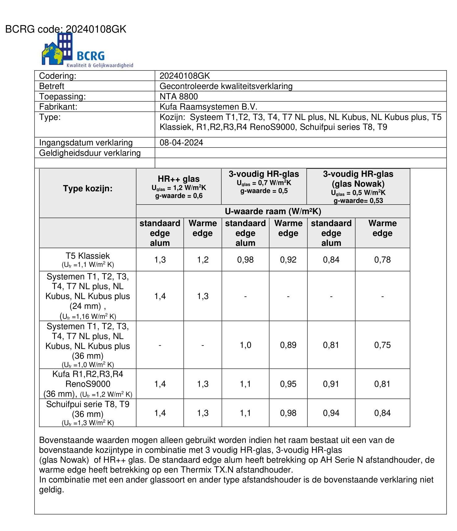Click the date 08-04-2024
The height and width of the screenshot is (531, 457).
click(181, 142)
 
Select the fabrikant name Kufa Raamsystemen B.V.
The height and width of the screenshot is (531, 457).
click(208, 107)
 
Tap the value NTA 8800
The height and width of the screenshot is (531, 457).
click(178, 96)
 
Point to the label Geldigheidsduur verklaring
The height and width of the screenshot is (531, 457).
click(90, 153)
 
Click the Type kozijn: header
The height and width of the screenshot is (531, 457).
click(87, 188)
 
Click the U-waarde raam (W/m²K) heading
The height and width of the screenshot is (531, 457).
click(273, 211)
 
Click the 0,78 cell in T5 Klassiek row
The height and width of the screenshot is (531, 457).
click(382, 260)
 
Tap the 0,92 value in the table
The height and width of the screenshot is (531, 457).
click(288, 260)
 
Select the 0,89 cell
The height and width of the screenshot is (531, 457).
click(288, 345)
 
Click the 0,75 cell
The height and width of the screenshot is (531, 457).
click(382, 345)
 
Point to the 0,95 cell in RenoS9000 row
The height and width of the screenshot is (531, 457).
click(288, 384)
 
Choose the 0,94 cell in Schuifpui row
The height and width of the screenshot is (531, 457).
click(331, 413)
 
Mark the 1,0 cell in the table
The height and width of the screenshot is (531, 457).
click(245, 345)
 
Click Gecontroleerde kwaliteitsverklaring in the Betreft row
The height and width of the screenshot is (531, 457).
click(226, 86)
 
